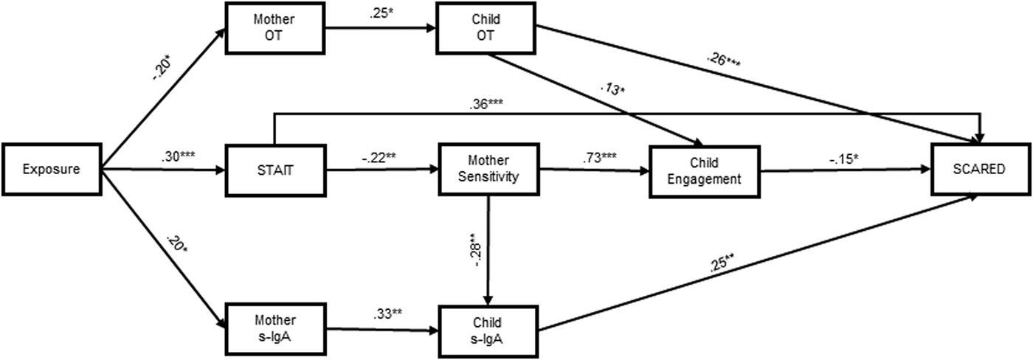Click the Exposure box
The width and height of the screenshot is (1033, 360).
pos(51,170)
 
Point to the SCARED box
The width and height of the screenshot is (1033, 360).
pos(979,170)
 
